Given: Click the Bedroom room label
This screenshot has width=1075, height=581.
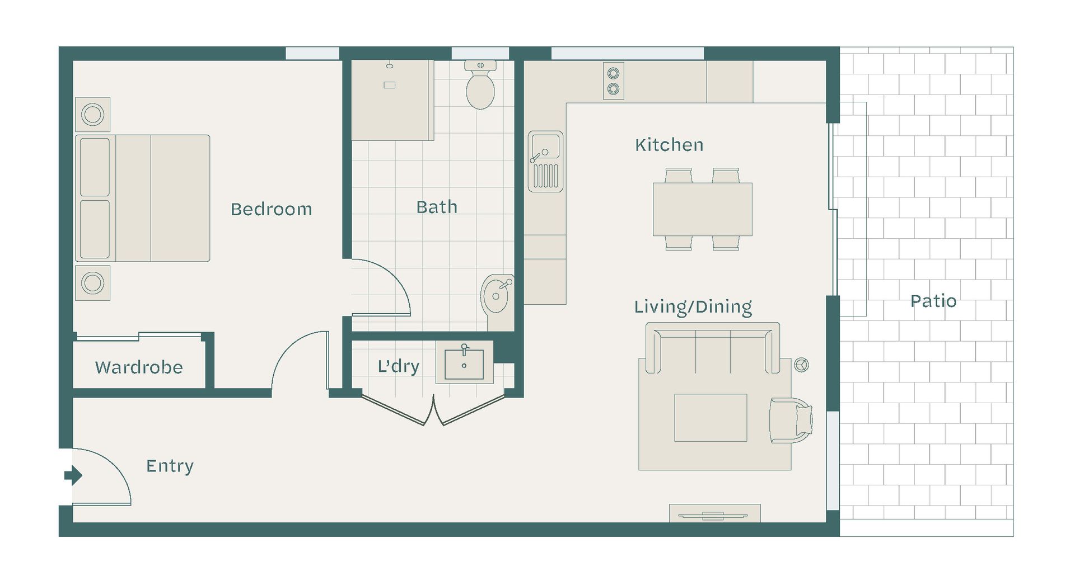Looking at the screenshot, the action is click(x=271, y=209).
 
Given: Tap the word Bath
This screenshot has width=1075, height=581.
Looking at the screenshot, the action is click(x=437, y=207).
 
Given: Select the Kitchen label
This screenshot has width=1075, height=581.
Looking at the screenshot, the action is click(x=669, y=145).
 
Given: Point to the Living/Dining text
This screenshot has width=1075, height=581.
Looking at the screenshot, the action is click(x=693, y=307).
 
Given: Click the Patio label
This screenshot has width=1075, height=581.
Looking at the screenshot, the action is click(x=933, y=301).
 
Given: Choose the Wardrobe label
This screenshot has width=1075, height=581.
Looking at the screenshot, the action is click(x=139, y=367).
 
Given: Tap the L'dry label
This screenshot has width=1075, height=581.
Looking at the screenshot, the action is click(x=398, y=366).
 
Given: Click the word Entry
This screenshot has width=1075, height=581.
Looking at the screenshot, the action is click(x=170, y=466).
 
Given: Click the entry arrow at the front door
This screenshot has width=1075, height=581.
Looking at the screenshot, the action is click(x=73, y=476).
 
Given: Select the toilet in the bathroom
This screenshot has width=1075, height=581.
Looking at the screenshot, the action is click(x=480, y=85).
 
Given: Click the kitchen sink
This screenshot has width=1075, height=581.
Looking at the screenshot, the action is click(x=546, y=161).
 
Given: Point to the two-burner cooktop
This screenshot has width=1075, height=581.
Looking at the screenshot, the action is click(x=614, y=81).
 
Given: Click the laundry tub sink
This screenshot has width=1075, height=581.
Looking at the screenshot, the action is click(x=464, y=364).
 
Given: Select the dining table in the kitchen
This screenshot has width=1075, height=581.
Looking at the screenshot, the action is click(x=703, y=209).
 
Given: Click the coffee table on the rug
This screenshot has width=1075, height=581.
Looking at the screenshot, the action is click(x=711, y=418).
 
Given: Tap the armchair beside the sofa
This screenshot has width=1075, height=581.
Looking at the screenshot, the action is click(x=791, y=421).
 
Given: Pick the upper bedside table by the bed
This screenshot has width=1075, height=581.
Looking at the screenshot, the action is click(x=93, y=115).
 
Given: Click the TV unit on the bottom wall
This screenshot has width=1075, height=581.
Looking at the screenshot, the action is click(x=715, y=513).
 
